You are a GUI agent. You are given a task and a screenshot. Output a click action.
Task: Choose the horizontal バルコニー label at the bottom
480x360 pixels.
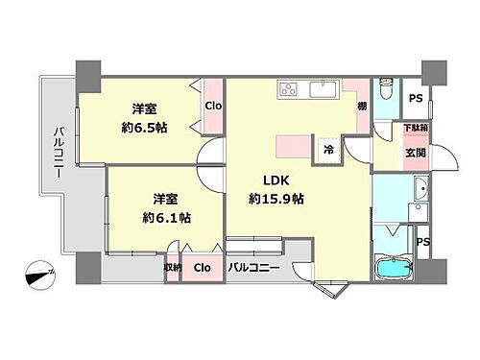(x=254, y=270)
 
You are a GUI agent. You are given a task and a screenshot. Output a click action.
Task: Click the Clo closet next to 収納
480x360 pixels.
(x=203, y=270)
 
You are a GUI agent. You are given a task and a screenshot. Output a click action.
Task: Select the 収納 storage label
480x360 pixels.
(x=173, y=269)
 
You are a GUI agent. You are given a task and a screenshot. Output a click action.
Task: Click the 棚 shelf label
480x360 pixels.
(x=361, y=107)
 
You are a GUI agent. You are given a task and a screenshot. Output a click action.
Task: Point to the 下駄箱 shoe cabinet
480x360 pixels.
(x=415, y=128)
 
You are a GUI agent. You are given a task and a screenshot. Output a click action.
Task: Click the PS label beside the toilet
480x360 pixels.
(x=416, y=99)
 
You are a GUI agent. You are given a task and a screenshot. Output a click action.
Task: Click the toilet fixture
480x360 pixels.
(x=386, y=91)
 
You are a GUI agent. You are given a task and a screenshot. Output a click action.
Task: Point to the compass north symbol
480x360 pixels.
(x=41, y=275)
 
